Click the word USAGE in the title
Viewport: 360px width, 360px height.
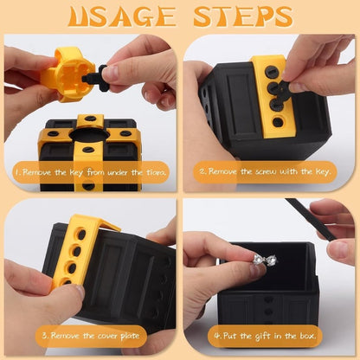click(118, 16)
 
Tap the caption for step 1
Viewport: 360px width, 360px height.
click(91, 173)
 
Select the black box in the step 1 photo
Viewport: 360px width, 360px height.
click(91, 143)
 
